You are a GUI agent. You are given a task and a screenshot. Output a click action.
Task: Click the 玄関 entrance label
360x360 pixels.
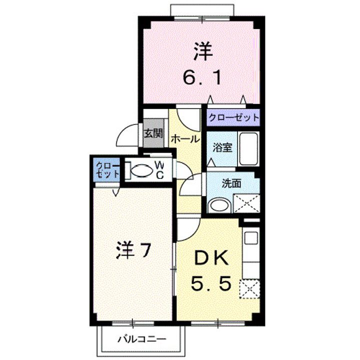point(153,133)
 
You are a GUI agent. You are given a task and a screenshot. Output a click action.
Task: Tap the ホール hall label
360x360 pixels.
point(185,139)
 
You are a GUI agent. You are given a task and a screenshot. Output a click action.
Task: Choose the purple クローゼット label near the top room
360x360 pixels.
point(233,118)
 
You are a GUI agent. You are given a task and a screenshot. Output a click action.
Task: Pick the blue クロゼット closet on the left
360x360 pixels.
point(107,170)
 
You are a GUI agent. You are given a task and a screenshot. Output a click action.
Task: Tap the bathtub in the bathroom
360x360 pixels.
point(247,148)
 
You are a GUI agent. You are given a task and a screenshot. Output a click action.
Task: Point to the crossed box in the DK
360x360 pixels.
point(250,288)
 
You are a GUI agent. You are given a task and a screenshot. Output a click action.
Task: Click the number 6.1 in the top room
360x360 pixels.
point(200,78)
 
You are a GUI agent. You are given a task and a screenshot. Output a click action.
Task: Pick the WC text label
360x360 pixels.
point(159,169)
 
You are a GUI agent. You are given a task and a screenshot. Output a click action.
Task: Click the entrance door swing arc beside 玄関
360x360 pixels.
point(127,135)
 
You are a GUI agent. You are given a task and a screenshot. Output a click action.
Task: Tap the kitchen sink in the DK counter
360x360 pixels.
point(250,238)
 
